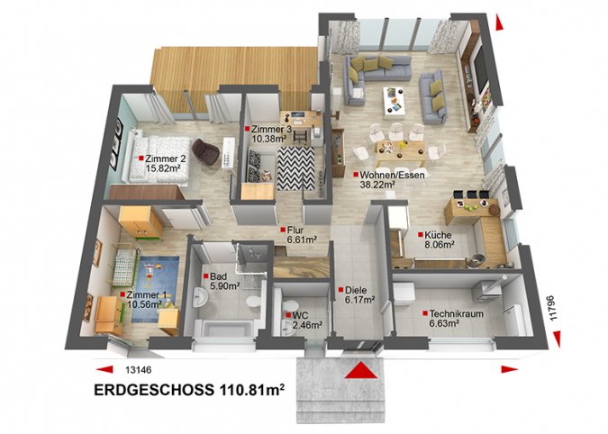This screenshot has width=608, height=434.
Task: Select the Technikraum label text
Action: [457, 313]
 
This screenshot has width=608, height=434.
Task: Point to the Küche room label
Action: [438, 235]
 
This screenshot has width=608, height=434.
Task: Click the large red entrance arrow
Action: [361, 370]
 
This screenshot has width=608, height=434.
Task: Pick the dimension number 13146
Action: [139, 370]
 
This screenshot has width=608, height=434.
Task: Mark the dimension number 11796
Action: [553, 308]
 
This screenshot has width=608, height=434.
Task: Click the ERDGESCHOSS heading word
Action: [153, 390]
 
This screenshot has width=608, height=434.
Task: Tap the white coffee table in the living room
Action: [394, 102]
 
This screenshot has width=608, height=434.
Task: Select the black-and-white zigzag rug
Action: [295, 168]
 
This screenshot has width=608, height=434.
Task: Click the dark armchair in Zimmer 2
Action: [205, 152]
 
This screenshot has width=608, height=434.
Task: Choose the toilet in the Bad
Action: [254, 301]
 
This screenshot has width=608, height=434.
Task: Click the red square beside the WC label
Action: [288, 315]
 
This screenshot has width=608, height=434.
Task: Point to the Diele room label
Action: [356, 290]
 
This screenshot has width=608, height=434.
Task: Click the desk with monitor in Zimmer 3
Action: [301, 120]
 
